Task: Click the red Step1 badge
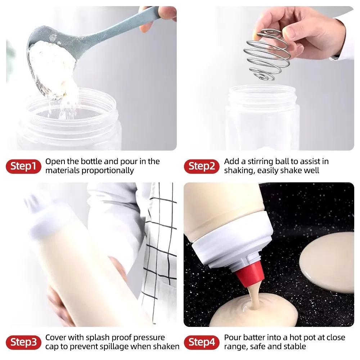(x=23, y=166)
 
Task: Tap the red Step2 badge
(x=202, y=166)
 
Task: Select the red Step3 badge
(x=23, y=342)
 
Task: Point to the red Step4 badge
(x=202, y=342)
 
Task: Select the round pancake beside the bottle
(x=328, y=261)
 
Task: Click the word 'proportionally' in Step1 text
(x=108, y=171)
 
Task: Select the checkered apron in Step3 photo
(x=160, y=252)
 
